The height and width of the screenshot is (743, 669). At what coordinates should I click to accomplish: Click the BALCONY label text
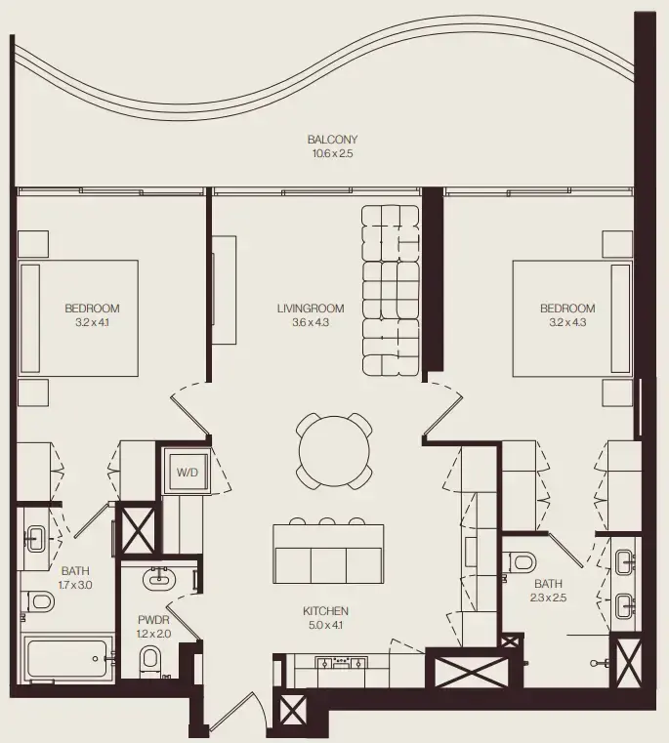point(332,140)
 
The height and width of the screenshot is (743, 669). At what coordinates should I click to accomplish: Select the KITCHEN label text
point(325,611)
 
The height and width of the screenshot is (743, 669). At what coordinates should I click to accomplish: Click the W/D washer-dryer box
point(187,473)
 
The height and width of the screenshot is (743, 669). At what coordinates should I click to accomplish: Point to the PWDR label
point(153,618)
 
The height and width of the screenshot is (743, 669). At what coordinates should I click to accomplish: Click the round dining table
point(334,451)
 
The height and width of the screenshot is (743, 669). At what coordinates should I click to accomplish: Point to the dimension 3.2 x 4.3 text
point(566,321)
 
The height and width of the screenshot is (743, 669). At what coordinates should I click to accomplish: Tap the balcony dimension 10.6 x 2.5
point(332,153)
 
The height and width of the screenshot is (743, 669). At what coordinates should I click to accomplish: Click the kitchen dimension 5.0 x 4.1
point(325,625)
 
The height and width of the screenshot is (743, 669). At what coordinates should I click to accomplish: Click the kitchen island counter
point(328,554)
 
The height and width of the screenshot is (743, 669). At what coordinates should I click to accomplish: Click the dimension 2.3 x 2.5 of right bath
point(547,597)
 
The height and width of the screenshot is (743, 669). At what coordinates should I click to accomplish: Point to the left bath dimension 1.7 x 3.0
point(75,585)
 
